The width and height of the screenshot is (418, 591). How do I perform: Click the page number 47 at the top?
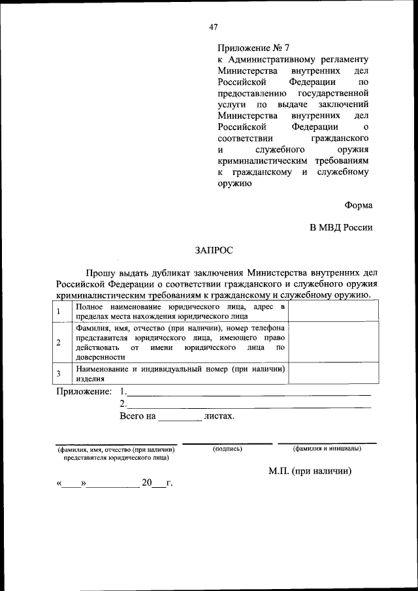point(214,27)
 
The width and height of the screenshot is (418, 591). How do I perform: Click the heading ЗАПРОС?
point(214,249)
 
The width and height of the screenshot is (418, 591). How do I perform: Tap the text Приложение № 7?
point(252,48)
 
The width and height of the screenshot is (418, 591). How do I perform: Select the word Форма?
point(359,205)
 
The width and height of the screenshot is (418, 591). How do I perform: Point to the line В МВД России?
point(341,227)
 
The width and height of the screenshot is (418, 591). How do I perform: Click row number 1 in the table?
point(59,311)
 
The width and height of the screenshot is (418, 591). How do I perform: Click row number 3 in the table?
point(59,374)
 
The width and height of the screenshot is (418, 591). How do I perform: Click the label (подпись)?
point(227,449)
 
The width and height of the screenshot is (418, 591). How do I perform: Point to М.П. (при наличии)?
point(310,471)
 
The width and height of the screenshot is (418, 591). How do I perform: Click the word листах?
point(219,415)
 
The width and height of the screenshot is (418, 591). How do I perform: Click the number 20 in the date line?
point(146,483)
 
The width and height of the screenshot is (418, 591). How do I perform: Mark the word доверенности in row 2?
point(100,357)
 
